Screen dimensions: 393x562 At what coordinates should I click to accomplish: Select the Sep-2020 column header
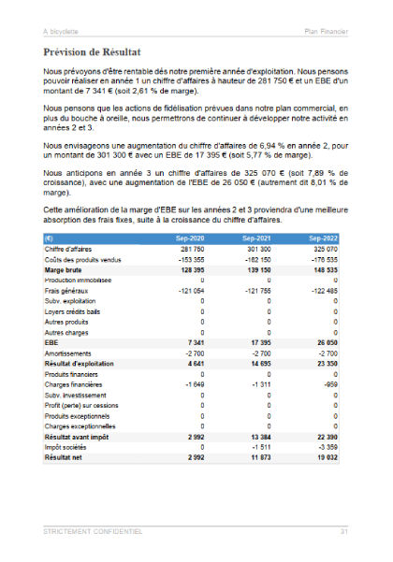(190, 238)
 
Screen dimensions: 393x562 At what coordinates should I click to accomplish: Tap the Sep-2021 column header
(256, 238)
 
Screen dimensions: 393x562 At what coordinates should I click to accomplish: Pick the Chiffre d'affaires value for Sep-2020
(193, 249)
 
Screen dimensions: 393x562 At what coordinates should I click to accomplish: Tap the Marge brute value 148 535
(324, 269)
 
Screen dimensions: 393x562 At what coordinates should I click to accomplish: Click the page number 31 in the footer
(344, 531)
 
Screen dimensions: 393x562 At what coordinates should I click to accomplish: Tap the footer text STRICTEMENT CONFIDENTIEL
(94, 531)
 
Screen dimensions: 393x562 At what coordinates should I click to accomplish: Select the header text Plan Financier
(327, 32)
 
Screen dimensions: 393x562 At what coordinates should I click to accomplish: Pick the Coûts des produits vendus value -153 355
(191, 259)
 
